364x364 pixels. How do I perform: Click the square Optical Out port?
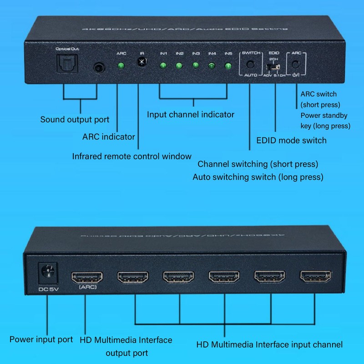64,63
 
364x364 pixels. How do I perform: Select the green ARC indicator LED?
121,66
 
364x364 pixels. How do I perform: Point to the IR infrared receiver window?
142,62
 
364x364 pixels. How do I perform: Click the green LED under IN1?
162,66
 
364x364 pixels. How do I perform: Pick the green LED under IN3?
196,66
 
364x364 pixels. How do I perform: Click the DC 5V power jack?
48,274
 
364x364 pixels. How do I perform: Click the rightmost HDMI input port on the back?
314,276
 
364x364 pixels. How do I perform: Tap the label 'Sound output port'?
75,120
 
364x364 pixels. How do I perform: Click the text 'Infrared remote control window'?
132,156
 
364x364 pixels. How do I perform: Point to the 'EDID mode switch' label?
291,140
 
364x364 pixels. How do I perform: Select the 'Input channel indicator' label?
191,114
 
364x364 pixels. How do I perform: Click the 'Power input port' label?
41,339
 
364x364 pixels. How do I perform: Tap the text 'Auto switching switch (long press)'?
258,177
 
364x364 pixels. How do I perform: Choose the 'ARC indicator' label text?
109,136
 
